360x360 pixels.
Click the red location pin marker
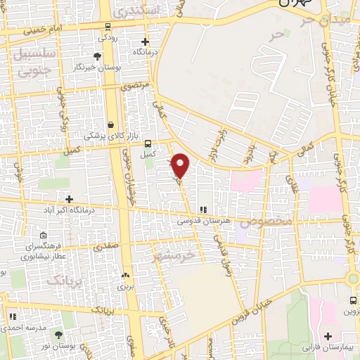coord(181,165)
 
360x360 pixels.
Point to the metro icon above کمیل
coord(147,142)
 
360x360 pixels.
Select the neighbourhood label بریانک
coord(65,280)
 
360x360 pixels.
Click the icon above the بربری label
coord(126,276)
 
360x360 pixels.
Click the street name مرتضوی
coord(135,86)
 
